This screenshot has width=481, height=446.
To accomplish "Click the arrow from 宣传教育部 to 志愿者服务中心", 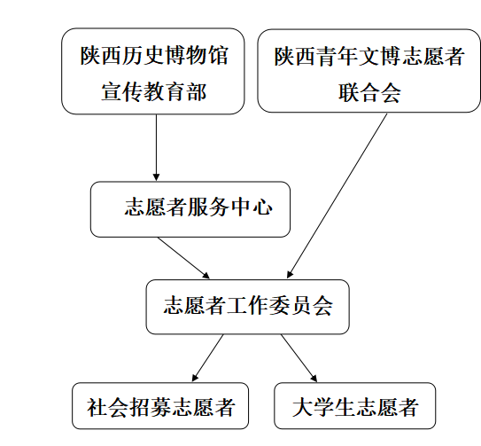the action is click(x=156, y=148).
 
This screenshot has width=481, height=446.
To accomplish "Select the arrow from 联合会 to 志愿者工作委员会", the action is click(x=337, y=196).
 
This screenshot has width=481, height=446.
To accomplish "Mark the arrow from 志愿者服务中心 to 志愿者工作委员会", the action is click(x=183, y=258).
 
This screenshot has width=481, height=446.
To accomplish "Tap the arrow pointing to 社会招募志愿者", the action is click(x=207, y=358).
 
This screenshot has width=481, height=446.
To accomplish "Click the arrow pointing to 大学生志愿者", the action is click(x=299, y=358).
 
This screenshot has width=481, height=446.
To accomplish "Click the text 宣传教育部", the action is click(x=153, y=91).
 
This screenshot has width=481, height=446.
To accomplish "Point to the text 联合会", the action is click(x=369, y=92).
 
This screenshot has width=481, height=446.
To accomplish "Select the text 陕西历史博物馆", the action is click(x=154, y=56).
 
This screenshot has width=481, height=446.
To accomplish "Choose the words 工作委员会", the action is click(x=279, y=306).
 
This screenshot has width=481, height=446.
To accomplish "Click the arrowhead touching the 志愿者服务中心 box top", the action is click(x=156, y=177).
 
